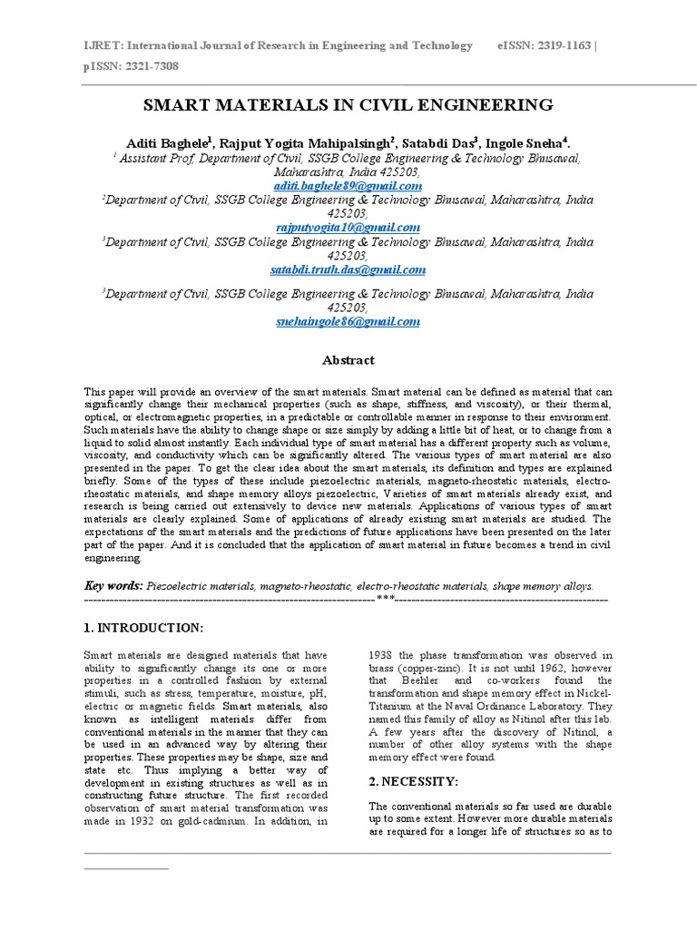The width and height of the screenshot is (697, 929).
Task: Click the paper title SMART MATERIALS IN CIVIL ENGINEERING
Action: coord(348,104)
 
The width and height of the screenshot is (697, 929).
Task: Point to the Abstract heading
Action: coord(348,360)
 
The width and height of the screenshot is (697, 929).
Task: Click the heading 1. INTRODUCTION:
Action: coord(143,628)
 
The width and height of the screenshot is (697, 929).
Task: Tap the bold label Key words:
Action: coord(113,586)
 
